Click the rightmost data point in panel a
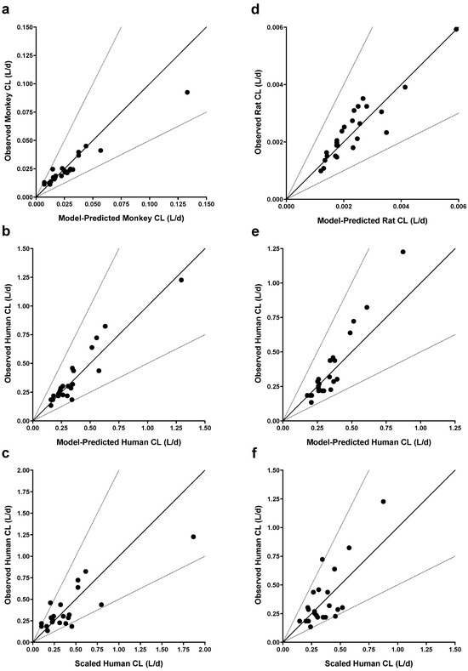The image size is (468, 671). [186, 92]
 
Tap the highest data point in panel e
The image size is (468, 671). [402, 252]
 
